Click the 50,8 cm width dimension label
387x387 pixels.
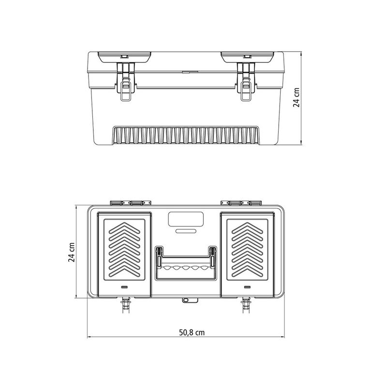[192, 333]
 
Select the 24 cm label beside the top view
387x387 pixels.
[71, 252]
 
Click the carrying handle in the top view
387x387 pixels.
[186, 263]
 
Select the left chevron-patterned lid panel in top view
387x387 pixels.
[124, 250]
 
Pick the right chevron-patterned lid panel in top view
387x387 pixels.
[247, 250]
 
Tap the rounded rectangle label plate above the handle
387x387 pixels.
[186, 219]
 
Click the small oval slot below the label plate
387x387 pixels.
[186, 231]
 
